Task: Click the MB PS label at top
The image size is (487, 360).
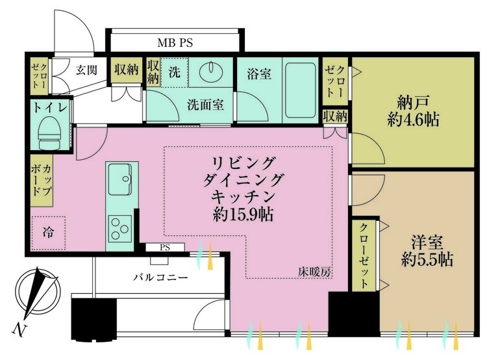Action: click(175, 44)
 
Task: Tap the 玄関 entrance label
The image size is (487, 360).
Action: click(86, 70)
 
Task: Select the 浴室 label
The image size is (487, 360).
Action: click(258, 74)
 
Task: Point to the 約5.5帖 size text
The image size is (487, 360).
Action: click(427, 261)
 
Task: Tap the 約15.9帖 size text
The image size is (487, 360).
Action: click(243, 214)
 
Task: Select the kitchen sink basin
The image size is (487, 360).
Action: click(120, 177)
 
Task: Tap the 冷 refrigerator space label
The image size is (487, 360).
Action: click(48, 231)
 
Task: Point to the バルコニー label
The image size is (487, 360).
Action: click(161, 277)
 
